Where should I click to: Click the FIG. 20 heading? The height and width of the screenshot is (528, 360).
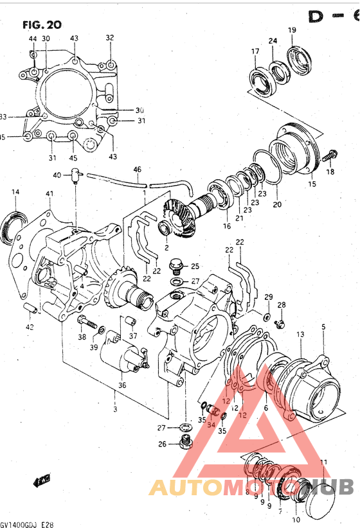(x=42, y=26)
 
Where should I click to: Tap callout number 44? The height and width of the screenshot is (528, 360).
(x=33, y=39)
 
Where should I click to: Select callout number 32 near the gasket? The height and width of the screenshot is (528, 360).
(x=110, y=38)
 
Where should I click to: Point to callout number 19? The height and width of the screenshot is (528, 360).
(x=291, y=30)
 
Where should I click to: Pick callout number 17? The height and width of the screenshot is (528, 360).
(x=255, y=51)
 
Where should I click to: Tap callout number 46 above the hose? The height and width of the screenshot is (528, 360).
(x=137, y=170)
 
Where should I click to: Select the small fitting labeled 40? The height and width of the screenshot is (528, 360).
(x=76, y=173)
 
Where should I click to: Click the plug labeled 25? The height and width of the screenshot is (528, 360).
(x=174, y=266)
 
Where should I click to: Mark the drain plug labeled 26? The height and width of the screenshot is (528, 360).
(x=187, y=442)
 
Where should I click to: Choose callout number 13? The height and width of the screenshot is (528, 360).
(x=300, y=335)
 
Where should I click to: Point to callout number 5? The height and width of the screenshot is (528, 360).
(x=323, y=327)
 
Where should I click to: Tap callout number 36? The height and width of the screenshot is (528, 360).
(x=122, y=385)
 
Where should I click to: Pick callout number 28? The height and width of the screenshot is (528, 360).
(x=282, y=304)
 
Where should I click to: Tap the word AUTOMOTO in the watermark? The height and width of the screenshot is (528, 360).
(x=212, y=488)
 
